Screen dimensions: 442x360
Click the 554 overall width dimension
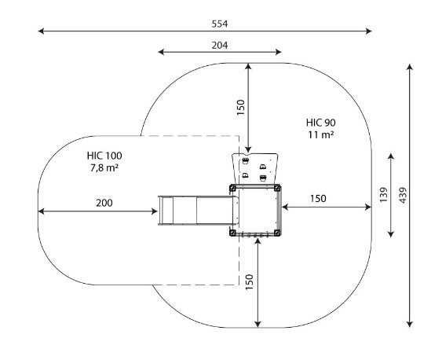pos(220,24)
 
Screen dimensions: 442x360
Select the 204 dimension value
pos(220,45)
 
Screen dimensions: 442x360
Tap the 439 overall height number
pos(403,195)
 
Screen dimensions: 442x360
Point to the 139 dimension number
pos(384,195)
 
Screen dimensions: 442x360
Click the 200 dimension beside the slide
pos(104,203)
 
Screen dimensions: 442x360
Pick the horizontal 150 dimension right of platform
pos(318,199)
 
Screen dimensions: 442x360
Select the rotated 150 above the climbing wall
pos(241,107)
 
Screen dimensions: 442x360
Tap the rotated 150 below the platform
pos(250,282)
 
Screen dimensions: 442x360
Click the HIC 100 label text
pos(104,156)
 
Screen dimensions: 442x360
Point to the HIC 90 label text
pos(321,123)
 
